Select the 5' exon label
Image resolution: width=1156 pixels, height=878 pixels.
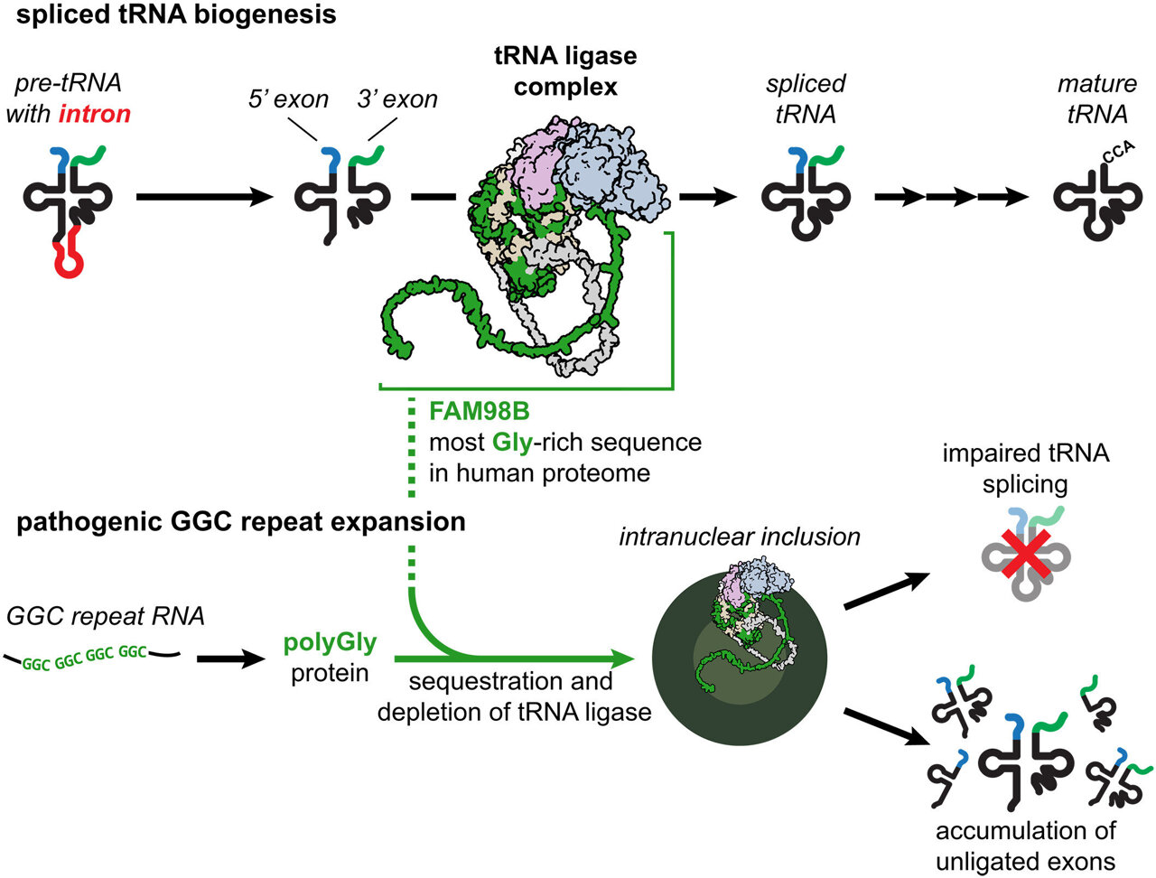288,98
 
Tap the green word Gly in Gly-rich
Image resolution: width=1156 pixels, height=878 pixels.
512,443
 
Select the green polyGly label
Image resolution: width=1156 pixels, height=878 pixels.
330,643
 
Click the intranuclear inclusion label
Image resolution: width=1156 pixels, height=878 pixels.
739,537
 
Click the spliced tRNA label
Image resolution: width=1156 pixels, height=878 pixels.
806,98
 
